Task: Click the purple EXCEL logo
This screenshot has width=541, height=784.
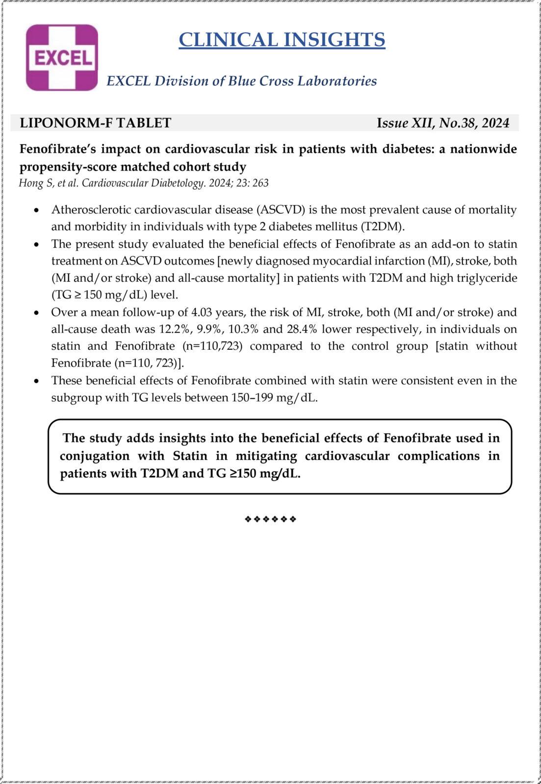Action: point(62,58)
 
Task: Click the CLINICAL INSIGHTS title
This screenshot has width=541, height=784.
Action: point(282,40)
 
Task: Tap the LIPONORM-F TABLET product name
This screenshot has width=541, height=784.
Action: point(95,123)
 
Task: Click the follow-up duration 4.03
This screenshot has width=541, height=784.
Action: point(202,312)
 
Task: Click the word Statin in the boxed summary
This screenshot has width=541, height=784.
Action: point(190,456)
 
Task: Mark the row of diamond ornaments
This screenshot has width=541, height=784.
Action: point(270,519)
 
